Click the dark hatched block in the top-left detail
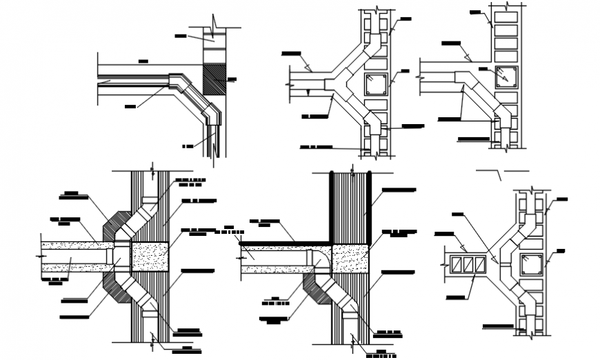tap(214, 79)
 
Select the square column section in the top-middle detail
tap(377, 84)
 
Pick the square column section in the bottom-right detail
tap(531, 263)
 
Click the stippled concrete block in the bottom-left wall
tap(149, 255)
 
